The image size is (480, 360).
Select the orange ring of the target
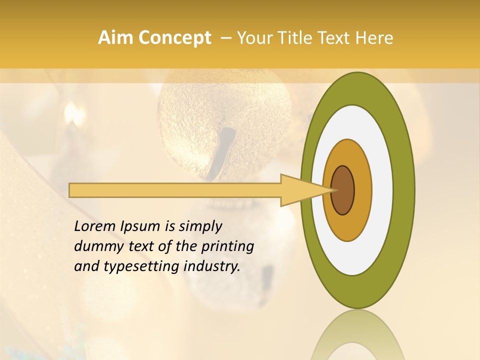(x=362, y=190)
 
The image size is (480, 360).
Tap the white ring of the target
(x=382, y=190)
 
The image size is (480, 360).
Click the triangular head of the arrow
(x=300, y=190)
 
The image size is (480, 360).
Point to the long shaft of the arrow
(x=175, y=190)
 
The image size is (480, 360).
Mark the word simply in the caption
(x=200, y=226)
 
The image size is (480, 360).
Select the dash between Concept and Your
(x=226, y=38)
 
